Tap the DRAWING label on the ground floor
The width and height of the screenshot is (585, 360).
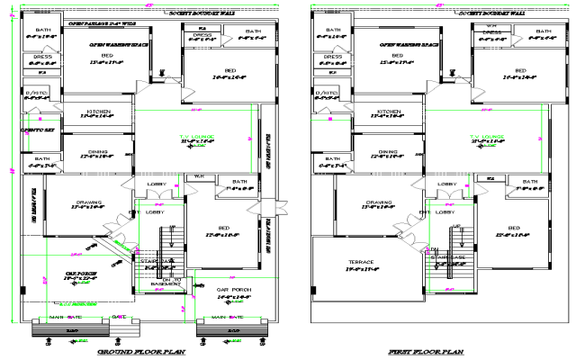(86, 202)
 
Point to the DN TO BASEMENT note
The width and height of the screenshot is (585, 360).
(171, 281)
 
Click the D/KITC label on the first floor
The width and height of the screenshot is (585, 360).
(327, 93)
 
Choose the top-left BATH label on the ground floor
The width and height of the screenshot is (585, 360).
(42, 31)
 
